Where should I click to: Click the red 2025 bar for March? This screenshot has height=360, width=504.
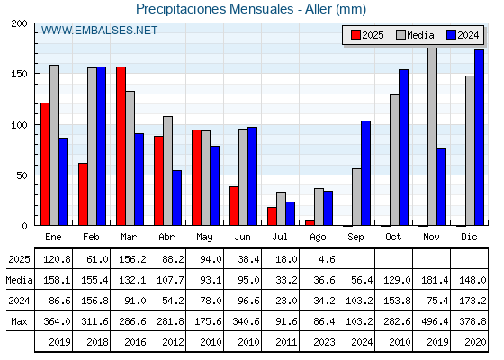point(121,146)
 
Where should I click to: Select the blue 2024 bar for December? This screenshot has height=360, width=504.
point(479,137)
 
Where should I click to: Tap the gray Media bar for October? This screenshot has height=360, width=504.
point(394,160)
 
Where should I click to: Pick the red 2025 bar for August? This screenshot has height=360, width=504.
point(310,223)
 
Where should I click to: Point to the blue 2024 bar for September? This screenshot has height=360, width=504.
point(365,173)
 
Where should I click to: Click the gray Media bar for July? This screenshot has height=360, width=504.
point(281,209)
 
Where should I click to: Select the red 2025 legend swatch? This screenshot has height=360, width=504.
point(355,35)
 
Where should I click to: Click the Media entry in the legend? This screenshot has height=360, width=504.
point(415,35)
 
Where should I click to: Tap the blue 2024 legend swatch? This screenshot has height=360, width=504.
point(451,35)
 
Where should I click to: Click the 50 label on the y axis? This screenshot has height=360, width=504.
point(22,175)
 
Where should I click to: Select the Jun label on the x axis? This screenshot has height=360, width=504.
point(242,238)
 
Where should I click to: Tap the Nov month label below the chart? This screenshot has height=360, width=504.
point(431,237)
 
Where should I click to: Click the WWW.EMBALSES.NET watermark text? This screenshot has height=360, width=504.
point(99,31)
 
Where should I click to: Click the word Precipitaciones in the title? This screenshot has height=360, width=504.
point(181,9)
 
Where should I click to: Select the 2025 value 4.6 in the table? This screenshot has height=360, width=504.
point(328,259)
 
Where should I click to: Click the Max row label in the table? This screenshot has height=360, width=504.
point(19,321)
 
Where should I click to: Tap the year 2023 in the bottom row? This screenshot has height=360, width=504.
point(324,342)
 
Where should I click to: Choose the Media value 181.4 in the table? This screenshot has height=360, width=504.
point(435,280)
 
